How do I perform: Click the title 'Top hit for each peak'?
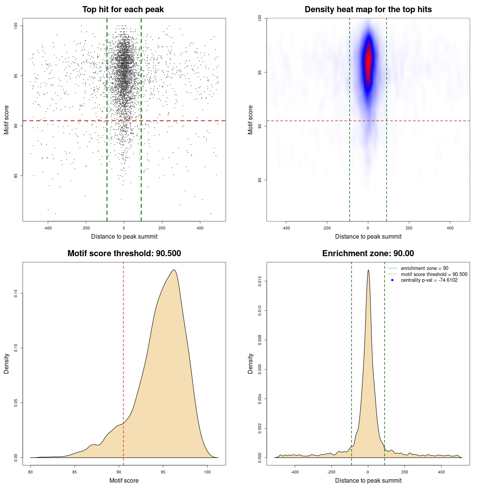[123, 10]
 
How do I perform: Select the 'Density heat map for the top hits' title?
[368, 10]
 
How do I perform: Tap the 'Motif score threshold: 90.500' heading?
[124, 254]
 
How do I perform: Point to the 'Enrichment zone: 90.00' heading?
[368, 254]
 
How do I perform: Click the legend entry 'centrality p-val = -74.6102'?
[429, 280]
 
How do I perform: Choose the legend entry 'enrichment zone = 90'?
[424, 268]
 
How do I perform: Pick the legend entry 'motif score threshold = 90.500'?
[434, 274]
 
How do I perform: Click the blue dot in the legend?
[392, 280]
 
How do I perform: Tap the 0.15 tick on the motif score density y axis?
[16, 293]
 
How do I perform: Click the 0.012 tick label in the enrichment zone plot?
[260, 281]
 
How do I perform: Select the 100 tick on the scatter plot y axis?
[16, 26]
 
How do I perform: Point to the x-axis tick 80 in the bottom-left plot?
[30, 472]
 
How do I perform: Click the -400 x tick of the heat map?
[286, 228]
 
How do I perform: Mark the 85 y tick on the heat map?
[260, 180]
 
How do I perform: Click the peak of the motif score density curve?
[174, 270]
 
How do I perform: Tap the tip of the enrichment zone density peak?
[368, 270]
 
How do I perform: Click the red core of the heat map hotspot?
[368, 61]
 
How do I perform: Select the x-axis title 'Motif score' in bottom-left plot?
[124, 480]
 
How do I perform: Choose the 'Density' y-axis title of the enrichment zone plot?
[250, 363]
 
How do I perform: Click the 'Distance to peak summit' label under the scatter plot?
[124, 236]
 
